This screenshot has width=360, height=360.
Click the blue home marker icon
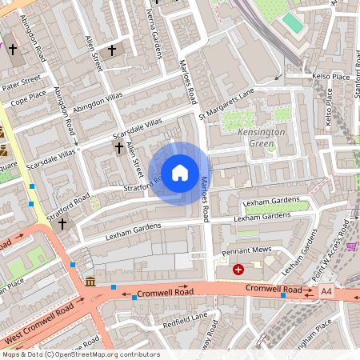[x=180, y=172]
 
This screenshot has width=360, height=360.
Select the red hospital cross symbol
[x=238, y=270]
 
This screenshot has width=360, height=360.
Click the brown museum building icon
[x=90, y=282]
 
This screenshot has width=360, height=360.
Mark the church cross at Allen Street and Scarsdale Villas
[x=119, y=147]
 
